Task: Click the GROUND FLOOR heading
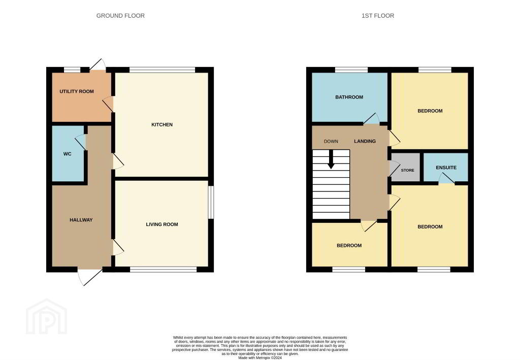pyautogui.click(x=120, y=16)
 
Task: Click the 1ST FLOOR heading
pyautogui.click(x=378, y=16)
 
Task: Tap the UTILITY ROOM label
pyautogui.click(x=77, y=91)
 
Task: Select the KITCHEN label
pyautogui.click(x=162, y=124)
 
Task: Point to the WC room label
pyautogui.click(x=68, y=154)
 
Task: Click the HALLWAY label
pyautogui.click(x=81, y=220)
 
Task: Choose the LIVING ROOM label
pyautogui.click(x=162, y=224)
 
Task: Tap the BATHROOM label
pyautogui.click(x=349, y=97)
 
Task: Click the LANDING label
pyautogui.click(x=365, y=141)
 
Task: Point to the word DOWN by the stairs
pyautogui.click(x=331, y=141)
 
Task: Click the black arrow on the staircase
pyautogui.click(x=331, y=160)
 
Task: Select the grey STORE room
pyautogui.click(x=406, y=168)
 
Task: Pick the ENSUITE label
pyautogui.click(x=446, y=168)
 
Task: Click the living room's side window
pyautogui.click(x=211, y=202)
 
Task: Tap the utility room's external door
pyautogui.click(x=97, y=65)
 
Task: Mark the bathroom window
pyautogui.click(x=351, y=70)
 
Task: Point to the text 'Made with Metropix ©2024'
pyautogui.click(x=260, y=357)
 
